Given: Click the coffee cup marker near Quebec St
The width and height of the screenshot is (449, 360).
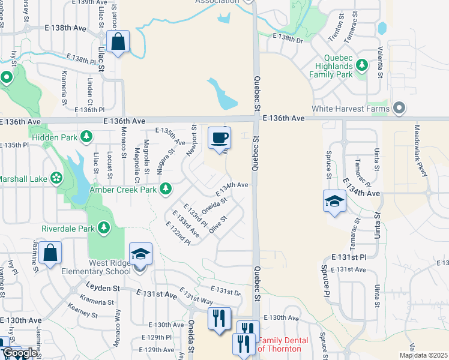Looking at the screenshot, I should pyautogui.click(x=219, y=137).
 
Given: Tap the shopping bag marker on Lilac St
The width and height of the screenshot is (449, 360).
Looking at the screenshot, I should pyautogui.click(x=118, y=43).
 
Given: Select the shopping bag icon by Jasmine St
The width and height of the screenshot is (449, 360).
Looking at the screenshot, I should pyautogui.click(x=52, y=253).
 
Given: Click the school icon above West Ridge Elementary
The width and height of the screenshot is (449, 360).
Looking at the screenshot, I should pyautogui.click(x=140, y=254).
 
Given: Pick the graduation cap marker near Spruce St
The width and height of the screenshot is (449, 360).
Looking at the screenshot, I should pyautogui.click(x=334, y=202).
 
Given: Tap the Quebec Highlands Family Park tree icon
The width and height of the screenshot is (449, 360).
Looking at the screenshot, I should pyautogui.click(x=362, y=64).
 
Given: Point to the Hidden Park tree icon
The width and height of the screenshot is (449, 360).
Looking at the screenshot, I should pyautogui.click(x=86, y=137).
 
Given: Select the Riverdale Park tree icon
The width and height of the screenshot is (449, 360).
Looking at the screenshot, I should pyautogui.click(x=104, y=228).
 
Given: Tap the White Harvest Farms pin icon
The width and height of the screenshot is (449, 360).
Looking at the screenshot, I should pyautogui.click(x=399, y=109).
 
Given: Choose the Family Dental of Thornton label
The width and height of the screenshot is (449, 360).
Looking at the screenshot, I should pyautogui.click(x=283, y=344).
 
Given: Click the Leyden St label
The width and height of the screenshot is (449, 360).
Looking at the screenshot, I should pyautogui.click(x=104, y=289).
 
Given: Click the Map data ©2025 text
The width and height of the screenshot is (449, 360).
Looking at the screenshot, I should pyautogui.click(x=423, y=355).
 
